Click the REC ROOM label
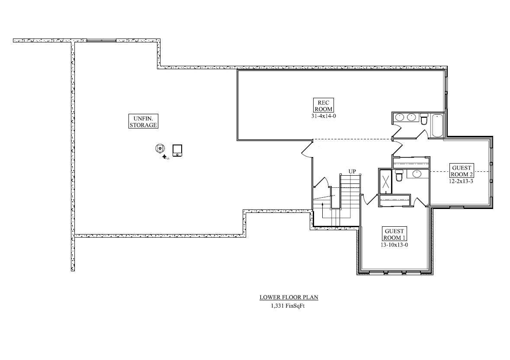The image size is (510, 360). pos(323,106)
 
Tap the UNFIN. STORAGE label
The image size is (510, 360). pos(143,121)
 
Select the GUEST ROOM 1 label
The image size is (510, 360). pos(394,235)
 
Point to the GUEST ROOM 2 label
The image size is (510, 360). pos(462,170)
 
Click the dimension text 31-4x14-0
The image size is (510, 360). pos(323,116)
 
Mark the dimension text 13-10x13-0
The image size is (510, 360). pos(394,244)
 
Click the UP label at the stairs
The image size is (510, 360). pos(352,171)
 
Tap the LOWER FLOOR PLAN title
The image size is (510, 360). pos(289,297)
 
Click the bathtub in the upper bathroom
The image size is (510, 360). pos(437,125)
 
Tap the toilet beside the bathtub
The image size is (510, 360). pos(424,119)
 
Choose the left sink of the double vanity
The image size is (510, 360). pos(401,117)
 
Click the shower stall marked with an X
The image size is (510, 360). pos(385,181)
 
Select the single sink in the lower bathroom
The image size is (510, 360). pos(417,174)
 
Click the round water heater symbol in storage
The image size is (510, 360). pos(160,148)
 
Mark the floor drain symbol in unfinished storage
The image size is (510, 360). pos(165,157)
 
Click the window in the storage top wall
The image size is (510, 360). pos(101,40)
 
